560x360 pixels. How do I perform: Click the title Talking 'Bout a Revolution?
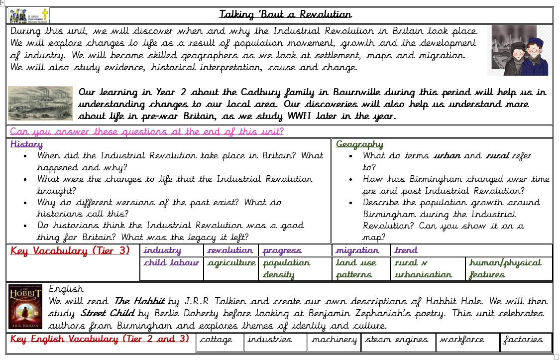(x=285, y=14)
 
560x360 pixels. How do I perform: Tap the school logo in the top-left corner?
(x=29, y=15)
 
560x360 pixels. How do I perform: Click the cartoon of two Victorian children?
(x=519, y=50)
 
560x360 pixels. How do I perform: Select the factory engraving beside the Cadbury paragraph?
(x=41, y=103)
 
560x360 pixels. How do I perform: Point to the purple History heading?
(x=26, y=144)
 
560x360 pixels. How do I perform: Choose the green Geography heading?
(x=359, y=144)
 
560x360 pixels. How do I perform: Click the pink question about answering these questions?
(x=147, y=131)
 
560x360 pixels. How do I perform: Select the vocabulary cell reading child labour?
(x=171, y=263)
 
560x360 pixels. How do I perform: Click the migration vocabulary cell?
(x=357, y=250)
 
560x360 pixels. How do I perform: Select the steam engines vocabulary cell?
(x=397, y=340)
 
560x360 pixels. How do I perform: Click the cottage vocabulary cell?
(x=216, y=340)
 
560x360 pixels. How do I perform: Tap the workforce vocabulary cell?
(x=461, y=340)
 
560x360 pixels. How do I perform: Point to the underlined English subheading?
(x=66, y=289)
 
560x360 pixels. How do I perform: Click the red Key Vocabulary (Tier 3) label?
(x=70, y=250)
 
